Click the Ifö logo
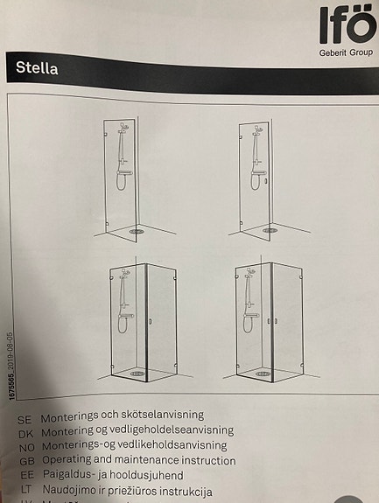(x=346, y=25)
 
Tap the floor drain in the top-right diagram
(x=270, y=232)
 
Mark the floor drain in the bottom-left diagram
(x=136, y=371)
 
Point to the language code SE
(x=25, y=415)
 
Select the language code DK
(x=25, y=430)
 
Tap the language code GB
(x=25, y=461)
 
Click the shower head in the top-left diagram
(x=124, y=128)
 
